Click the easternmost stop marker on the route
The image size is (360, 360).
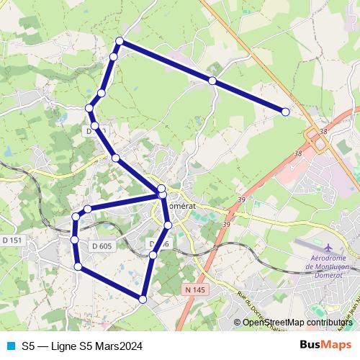coord(286,112)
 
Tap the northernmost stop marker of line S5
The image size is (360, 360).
coord(120,41)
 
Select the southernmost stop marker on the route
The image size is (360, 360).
coord(143,299)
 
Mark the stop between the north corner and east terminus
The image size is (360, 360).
coord(212,81)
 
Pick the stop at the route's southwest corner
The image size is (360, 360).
coord(78,268)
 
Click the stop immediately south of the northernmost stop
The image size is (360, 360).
coord(114,57)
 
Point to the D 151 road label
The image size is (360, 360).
coord(12,240)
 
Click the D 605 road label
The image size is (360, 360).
coord(102,246)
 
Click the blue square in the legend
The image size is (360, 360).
coord(9,346)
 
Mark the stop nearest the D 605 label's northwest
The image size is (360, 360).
coord(75,238)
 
